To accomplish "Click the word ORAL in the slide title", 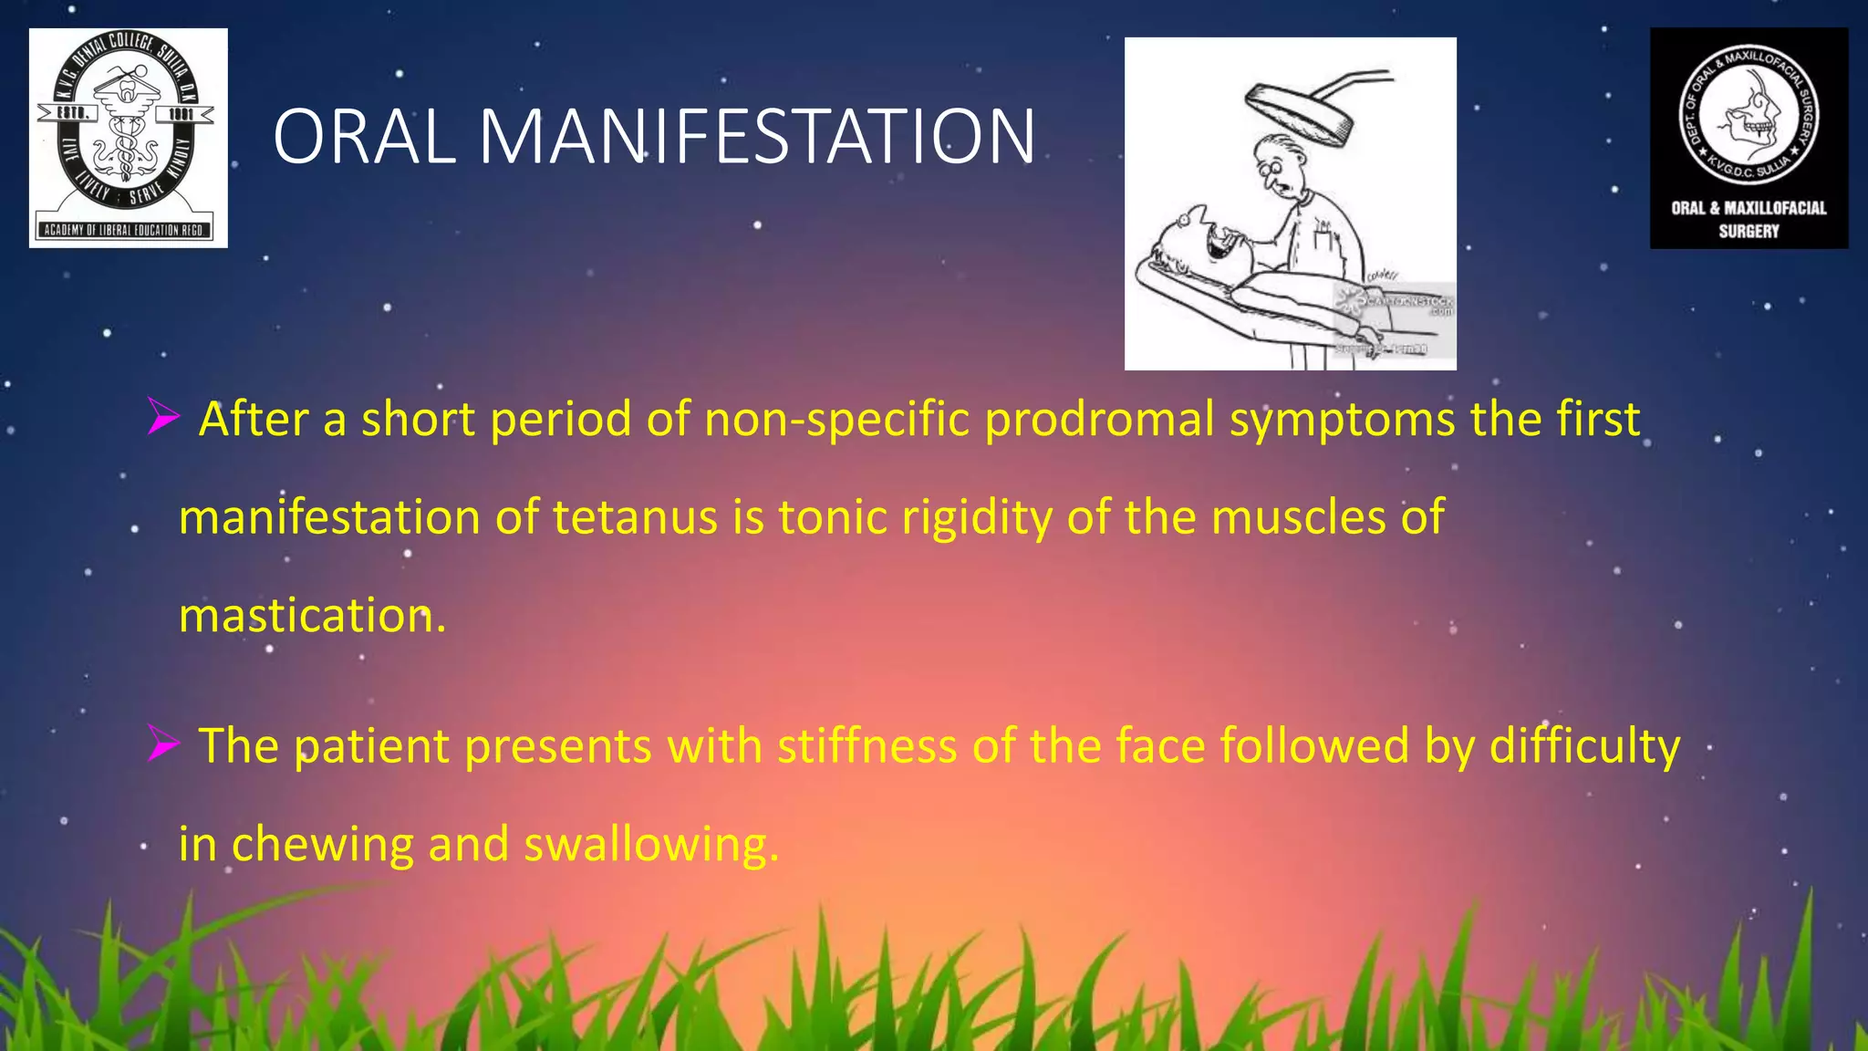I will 364,137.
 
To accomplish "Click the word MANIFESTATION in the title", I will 756,137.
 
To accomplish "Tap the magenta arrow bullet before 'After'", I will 163,419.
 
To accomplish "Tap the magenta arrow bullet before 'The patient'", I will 163,746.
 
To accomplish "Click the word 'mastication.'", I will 312,616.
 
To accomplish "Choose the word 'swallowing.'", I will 651,844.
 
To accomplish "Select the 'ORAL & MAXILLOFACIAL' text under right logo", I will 1749,208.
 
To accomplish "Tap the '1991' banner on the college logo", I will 180,113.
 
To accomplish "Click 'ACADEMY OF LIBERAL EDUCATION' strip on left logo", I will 125,230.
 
